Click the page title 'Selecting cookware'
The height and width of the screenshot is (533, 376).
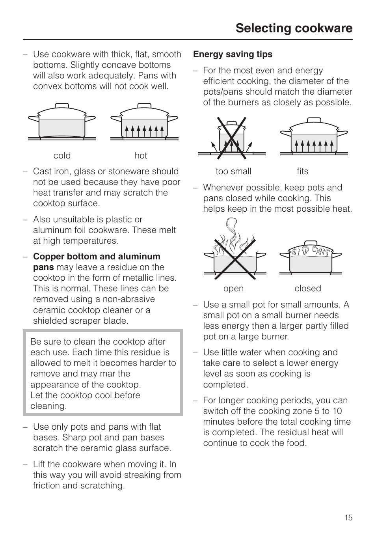294,28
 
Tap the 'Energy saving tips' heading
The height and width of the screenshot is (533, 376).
233,54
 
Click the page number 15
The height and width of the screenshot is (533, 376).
348,518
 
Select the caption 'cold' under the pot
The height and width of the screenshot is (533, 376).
62,156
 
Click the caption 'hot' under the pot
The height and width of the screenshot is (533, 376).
141,156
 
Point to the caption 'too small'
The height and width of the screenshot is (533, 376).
233,171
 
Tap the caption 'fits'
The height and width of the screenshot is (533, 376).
302,171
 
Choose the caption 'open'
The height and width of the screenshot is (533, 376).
233,289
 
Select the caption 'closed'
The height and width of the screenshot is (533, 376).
307,289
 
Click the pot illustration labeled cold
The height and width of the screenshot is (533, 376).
62,122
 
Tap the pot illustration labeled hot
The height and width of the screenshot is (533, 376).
144,122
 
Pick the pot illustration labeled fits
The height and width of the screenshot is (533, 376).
314,136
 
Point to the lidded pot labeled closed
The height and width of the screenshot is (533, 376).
311,258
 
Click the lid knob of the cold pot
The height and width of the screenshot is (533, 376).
62,105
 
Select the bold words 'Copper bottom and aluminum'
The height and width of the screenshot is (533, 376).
97,257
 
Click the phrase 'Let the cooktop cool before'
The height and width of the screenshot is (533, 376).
85,395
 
